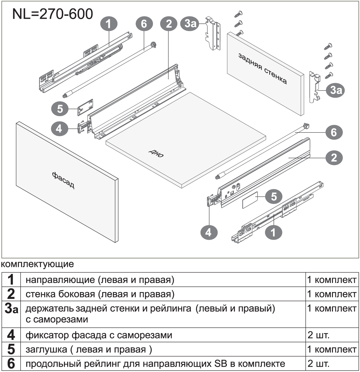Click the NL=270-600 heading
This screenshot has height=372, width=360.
coord(53,14)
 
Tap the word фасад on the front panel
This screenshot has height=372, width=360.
coord(63,180)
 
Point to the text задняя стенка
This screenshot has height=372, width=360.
coord(263,69)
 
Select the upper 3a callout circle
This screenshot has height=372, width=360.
coord(190,24)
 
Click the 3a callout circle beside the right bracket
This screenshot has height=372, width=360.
coord(335,90)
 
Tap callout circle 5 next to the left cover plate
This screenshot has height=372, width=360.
coord(60,109)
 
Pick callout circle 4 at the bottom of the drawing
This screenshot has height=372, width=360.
coord(209,233)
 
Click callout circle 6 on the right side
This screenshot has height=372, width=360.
coord(334,132)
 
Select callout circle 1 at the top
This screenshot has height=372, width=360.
coord(109,24)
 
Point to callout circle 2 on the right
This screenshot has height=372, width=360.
coord(334,158)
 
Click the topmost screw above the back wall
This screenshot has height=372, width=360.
coord(239,14)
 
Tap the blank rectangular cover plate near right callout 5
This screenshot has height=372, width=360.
coord(250,200)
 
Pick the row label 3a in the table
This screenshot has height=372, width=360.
coord(11,309)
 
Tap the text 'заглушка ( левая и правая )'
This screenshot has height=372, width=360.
coord(89,349)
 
